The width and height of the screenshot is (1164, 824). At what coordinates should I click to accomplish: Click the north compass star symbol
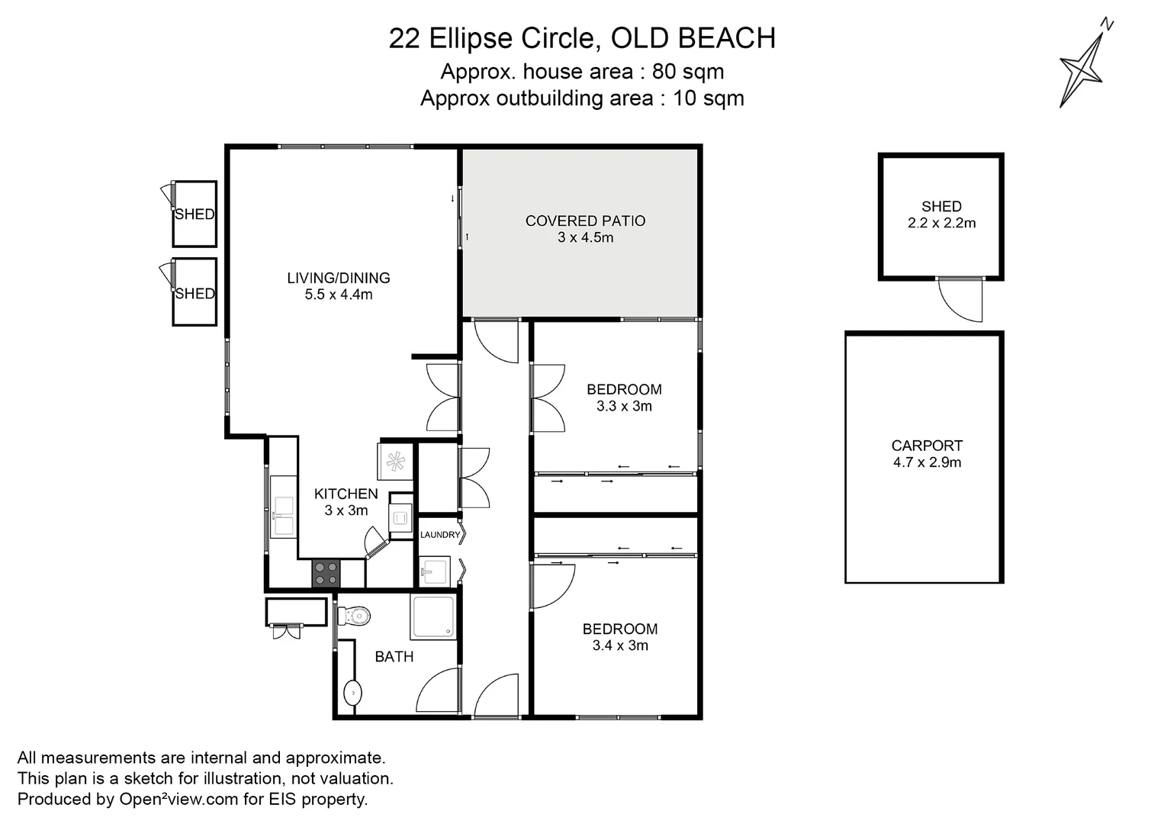pos(1083,69)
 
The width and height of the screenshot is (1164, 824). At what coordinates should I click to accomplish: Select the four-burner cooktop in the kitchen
pos(326,574)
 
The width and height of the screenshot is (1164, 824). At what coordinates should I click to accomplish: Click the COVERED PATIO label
pos(585,221)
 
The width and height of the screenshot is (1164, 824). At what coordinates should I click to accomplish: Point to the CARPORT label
pos(927,446)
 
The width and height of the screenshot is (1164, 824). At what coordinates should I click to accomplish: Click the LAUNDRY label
pos(440,535)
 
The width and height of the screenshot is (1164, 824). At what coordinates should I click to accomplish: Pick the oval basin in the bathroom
pos(353,693)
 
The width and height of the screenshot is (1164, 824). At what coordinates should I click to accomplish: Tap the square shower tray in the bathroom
pos(432,617)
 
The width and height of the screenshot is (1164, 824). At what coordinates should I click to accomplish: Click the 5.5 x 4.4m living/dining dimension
pos(338,295)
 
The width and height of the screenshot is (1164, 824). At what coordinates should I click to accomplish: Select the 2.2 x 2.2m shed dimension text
pos(941,223)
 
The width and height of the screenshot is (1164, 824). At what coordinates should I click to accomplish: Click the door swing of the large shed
pos(960,301)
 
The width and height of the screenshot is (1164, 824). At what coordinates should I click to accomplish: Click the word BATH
pos(394,657)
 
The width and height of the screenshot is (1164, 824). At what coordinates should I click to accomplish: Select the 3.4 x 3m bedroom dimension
pos(620,645)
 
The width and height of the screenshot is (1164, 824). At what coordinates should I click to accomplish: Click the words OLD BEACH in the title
pos(693,38)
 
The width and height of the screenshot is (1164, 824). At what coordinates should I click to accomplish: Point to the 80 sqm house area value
pos(688,71)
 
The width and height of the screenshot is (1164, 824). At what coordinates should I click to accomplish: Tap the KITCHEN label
pos(346,494)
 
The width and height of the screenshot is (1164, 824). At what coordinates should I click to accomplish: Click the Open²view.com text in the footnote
pos(178,799)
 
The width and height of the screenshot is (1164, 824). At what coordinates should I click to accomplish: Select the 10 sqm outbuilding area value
pos(709,98)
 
